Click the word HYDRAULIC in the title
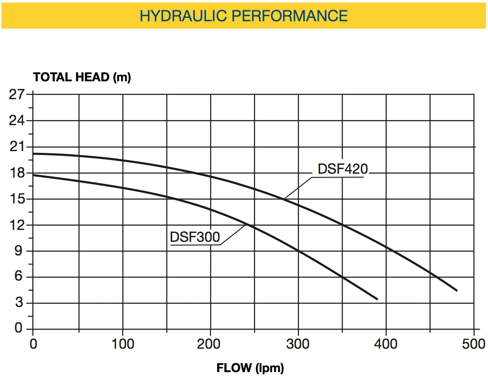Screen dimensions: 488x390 point(183,16)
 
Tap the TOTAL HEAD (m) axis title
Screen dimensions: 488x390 point(82,77)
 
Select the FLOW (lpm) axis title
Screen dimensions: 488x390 point(250,368)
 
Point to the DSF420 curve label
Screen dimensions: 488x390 point(343,169)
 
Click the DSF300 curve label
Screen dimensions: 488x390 point(195,237)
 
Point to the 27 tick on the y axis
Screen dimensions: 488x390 point(17,94)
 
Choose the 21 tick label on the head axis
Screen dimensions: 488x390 point(17,146)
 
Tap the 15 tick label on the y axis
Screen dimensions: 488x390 point(17,198)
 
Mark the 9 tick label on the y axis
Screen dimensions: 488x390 point(19,251)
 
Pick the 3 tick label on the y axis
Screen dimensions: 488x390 point(19,302)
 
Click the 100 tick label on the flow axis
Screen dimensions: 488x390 point(122,344)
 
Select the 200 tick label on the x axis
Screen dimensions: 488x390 point(209,344)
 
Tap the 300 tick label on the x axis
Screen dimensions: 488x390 point(298,344)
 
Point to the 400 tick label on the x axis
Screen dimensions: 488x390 point(386,344)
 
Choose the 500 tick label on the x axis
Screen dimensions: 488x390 point(474,344)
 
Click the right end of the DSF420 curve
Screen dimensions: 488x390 point(457,290)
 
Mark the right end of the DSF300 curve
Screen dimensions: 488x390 point(377,299)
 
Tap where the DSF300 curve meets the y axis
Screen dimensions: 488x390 point(33,175)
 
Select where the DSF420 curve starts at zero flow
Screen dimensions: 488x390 point(33,154)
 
